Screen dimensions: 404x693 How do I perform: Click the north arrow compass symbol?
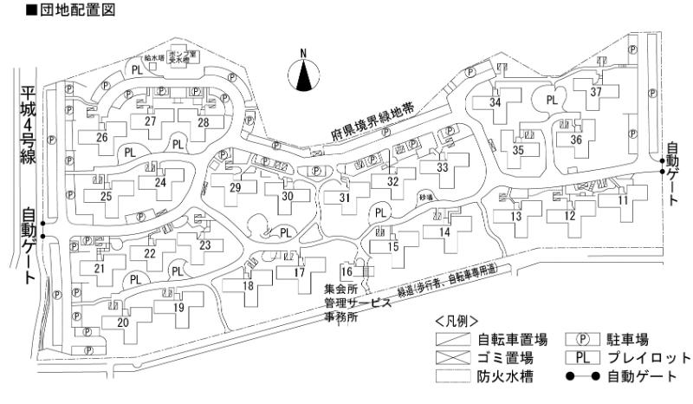point(303,75)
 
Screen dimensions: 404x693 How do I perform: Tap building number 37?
point(595,92)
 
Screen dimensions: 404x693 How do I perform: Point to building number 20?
point(122,323)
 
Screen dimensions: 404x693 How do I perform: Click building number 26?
point(102,137)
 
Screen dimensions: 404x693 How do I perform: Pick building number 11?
point(623,201)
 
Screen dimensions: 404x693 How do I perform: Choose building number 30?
point(288,196)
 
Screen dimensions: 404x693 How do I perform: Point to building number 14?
point(444,231)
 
